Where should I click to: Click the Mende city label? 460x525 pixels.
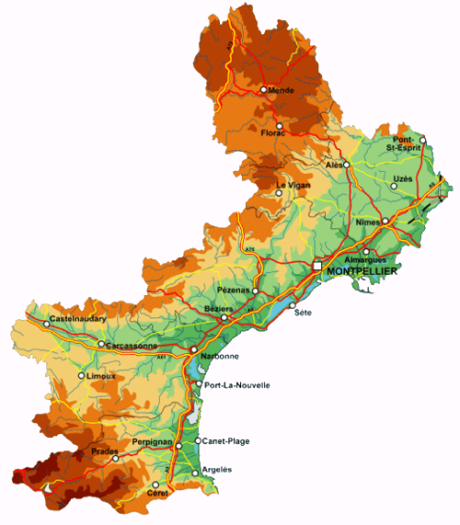281,90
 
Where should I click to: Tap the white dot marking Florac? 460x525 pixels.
279,126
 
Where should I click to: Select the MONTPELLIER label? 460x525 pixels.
362,272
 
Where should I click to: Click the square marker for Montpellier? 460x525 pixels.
317,266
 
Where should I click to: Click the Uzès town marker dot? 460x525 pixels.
394,187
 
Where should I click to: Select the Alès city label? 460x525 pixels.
333,165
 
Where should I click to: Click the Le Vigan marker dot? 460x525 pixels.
279,192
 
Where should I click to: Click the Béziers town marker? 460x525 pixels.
224,318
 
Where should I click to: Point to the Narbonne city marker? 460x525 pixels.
193,350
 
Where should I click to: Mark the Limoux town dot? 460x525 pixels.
82,376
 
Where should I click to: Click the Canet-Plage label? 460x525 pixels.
227,441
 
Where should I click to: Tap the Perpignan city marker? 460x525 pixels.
179,446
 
